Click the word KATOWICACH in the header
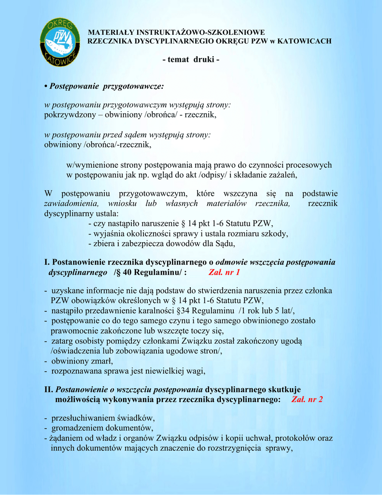click(x=308, y=41)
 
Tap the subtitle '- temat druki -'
click(x=191, y=59)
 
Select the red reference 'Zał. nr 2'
click(x=307, y=399)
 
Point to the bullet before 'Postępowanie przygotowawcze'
click(x=46, y=86)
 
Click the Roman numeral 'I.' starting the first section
click(x=47, y=262)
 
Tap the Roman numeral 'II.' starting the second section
click(x=48, y=389)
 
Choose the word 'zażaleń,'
click(x=280, y=175)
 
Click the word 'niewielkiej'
click(x=166, y=371)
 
